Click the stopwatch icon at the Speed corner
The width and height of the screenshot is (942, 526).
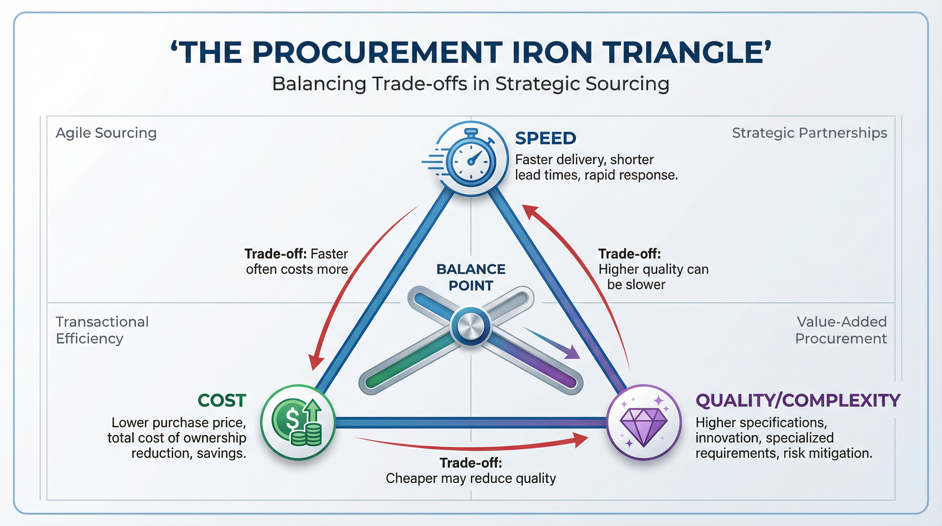[471, 159]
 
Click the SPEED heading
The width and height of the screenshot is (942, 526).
[545, 138]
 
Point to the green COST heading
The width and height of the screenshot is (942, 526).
[222, 400]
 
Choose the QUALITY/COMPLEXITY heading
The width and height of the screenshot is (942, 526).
[798, 400]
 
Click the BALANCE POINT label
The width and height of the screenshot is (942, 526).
[471, 277]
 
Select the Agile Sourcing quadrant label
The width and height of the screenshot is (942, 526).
[106, 133]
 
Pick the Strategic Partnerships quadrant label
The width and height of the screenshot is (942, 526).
[809, 133]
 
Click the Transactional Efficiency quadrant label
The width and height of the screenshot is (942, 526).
[102, 330]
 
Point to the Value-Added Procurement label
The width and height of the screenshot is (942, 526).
[841, 330]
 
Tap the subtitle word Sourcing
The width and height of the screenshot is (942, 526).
[627, 84]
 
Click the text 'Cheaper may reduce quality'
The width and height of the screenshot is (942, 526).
[471, 478]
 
